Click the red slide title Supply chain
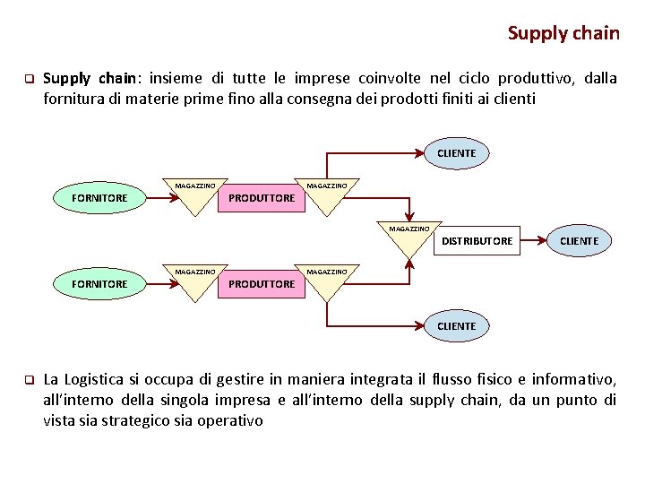(563, 33)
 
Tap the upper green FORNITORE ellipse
(99, 197)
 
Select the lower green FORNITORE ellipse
(99, 283)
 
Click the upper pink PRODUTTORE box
(262, 198)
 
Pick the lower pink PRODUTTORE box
(262, 284)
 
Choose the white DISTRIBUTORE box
(477, 240)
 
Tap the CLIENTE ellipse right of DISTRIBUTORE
(579, 240)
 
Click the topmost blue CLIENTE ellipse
(456, 153)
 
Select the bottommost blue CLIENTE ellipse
(456, 325)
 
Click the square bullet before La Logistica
(28, 380)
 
